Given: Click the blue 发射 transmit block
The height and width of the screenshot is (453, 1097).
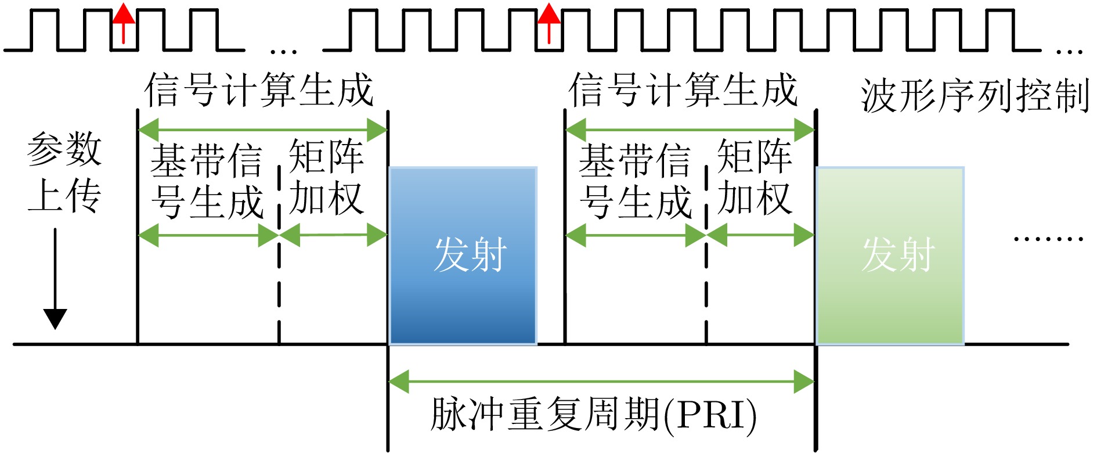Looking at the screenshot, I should click(463, 256).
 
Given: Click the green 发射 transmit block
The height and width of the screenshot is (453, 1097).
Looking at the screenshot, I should click(890, 256).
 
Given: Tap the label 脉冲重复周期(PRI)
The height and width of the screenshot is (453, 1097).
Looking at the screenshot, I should click(593, 414).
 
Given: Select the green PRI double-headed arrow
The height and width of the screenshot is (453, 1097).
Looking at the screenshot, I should click(601, 382).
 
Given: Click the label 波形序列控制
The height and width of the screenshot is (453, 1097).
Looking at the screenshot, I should click(975, 96).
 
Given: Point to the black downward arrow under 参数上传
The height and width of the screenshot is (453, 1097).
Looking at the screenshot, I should click(56, 279).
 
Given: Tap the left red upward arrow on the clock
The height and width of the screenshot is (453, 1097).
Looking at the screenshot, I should click(123, 23).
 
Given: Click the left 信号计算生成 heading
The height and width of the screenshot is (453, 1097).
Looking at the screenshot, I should click(259, 90).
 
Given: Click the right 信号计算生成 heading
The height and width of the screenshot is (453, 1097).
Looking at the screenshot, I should click(683, 90).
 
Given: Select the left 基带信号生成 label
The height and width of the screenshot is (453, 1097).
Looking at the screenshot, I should click(207, 181).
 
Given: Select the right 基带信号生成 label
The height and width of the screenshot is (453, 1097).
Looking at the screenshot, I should click(635, 181).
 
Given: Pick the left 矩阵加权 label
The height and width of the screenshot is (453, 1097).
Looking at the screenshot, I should click(326, 177).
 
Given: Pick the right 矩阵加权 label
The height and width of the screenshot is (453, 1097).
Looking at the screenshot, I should click(755, 177).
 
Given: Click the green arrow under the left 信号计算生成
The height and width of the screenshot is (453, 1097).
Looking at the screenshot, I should click(262, 130).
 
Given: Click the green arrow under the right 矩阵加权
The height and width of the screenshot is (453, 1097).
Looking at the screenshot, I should click(760, 235).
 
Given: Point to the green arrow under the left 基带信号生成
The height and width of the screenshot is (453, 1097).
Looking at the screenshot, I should click(208, 235).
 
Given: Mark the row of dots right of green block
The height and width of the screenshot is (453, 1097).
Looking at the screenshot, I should click(1048, 238).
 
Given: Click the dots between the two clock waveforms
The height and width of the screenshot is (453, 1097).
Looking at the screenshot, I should click(284, 52).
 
